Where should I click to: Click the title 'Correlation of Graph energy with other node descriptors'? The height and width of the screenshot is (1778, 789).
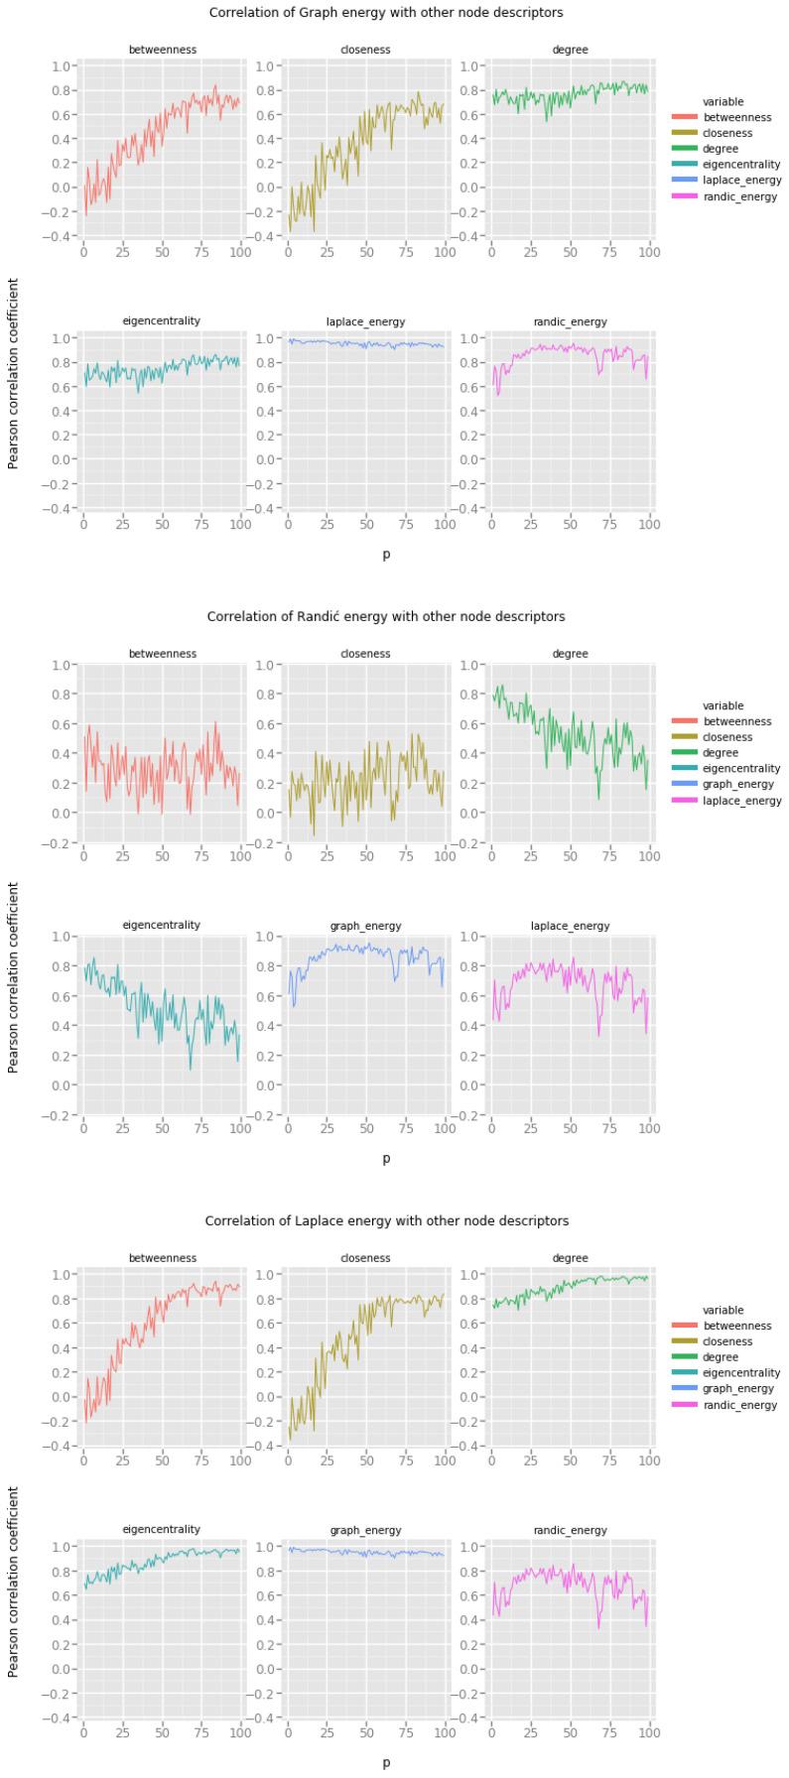(x=386, y=13)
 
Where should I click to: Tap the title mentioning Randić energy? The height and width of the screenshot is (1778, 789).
(x=386, y=616)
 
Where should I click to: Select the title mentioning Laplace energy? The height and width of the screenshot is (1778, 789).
(x=386, y=1220)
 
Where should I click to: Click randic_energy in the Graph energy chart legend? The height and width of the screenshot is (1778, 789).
(x=739, y=196)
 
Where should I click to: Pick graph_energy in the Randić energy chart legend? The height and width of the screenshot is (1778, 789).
(x=739, y=785)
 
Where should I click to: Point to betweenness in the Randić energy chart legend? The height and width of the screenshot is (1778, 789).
(x=737, y=721)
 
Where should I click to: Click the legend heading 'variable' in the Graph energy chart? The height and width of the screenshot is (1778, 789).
(x=723, y=101)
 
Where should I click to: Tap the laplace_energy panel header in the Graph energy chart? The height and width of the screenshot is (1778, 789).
(x=365, y=321)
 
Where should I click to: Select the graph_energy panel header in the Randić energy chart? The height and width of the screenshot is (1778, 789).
(x=365, y=926)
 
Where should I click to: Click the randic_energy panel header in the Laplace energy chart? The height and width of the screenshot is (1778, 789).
(x=570, y=1530)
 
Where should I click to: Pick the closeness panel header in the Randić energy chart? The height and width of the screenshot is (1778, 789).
(x=365, y=654)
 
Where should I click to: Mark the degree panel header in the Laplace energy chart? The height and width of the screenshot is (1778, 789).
(x=570, y=1258)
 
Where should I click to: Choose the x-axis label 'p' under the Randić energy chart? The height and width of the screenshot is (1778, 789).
(x=386, y=1158)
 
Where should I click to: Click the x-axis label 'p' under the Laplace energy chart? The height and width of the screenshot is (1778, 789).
(x=386, y=1762)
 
